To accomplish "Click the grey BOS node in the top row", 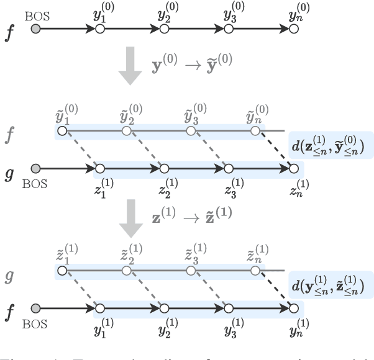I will (36, 29).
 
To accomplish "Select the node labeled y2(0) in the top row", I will (164, 29).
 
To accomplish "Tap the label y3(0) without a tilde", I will (230, 12).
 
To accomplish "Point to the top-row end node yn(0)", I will (293, 29).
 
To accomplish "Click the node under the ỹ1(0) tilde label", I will (62, 131).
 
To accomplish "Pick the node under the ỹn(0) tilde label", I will (255, 131).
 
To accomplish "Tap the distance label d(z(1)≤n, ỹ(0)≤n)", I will (329, 145).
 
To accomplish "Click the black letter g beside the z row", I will (9, 168).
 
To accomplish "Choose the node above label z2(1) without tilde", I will (164, 168).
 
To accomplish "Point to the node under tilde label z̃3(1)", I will (191, 270).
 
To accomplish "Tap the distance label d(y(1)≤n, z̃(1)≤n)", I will (329, 285).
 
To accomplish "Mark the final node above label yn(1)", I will (293, 307).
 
